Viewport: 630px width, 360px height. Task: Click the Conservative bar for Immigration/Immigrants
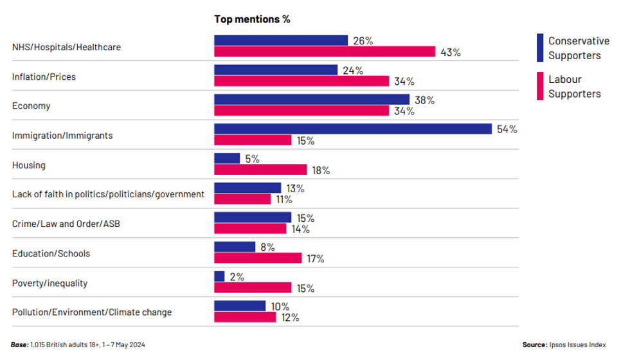(352, 129)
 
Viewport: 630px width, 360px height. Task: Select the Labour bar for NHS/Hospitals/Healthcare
(325, 52)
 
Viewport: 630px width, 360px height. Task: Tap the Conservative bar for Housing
(227, 159)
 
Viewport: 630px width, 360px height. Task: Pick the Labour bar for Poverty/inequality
(253, 288)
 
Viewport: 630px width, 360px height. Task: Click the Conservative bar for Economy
(312, 100)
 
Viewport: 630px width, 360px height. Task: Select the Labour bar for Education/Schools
(258, 258)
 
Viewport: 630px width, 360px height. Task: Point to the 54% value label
(507, 129)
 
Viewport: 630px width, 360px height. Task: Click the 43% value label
(451, 52)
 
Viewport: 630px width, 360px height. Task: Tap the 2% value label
(236, 277)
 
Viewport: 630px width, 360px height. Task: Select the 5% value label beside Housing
(251, 159)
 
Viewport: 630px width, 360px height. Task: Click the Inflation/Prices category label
(44, 76)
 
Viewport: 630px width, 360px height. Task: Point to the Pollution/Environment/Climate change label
(92, 312)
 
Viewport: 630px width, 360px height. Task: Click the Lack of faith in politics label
(108, 194)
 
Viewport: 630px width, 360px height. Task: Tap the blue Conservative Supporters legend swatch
(540, 48)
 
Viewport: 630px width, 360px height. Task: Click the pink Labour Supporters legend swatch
(540, 87)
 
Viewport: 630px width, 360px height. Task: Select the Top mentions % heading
(252, 19)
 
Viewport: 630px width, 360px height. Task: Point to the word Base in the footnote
(19, 345)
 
